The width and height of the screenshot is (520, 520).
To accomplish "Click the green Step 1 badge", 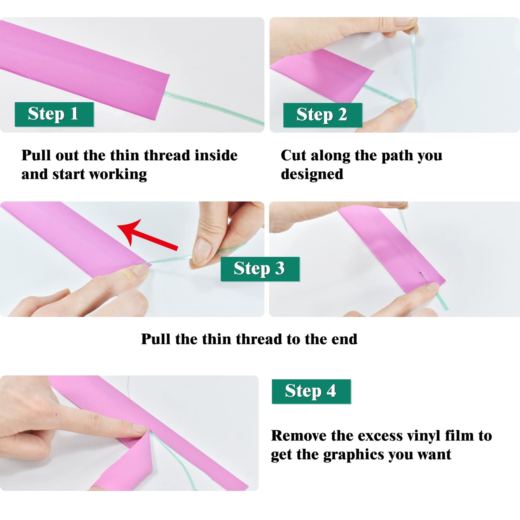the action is click(x=54, y=114).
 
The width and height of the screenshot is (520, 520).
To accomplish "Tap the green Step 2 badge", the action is click(x=323, y=115).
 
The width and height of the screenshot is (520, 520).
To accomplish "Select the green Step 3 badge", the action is click(x=260, y=269).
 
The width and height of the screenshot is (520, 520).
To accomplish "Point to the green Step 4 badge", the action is click(x=311, y=391).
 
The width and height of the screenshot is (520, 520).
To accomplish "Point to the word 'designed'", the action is click(x=312, y=174).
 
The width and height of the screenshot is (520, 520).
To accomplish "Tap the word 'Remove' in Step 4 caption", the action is click(x=298, y=436).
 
